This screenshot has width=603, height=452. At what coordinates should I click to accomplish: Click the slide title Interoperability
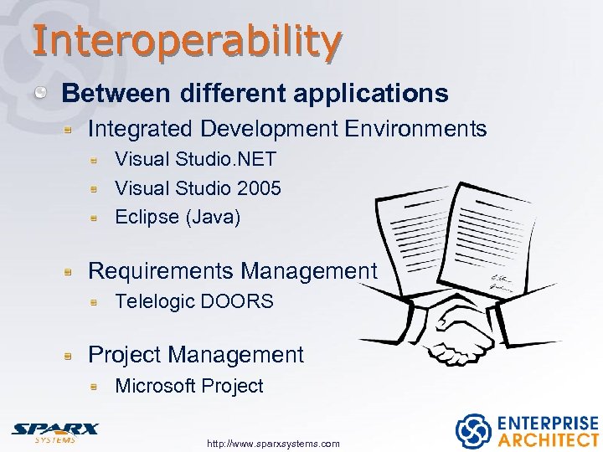click(x=187, y=39)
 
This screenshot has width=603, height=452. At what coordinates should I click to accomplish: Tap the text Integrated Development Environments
click(x=286, y=129)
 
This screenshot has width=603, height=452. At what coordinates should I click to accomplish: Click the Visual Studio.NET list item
click(x=195, y=159)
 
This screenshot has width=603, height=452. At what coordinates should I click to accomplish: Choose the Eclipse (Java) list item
click(x=177, y=217)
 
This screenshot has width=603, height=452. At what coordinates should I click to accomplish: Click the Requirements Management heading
click(x=232, y=271)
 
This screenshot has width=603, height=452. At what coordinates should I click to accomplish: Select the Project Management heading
click(x=195, y=355)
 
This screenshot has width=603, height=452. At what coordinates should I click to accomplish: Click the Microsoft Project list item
click(x=188, y=386)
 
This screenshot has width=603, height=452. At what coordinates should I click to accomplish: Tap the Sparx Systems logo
click(x=54, y=430)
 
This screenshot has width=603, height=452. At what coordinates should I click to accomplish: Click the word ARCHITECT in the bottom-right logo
click(x=549, y=439)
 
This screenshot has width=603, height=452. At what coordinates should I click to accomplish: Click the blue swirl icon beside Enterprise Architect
click(x=473, y=431)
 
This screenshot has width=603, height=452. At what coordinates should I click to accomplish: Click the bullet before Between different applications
click(x=42, y=93)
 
